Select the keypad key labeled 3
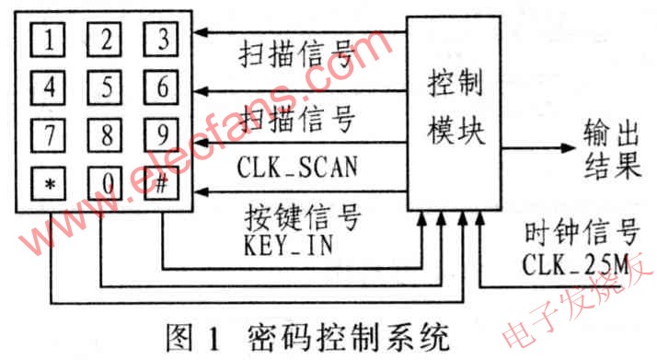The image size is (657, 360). tap(162, 41)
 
